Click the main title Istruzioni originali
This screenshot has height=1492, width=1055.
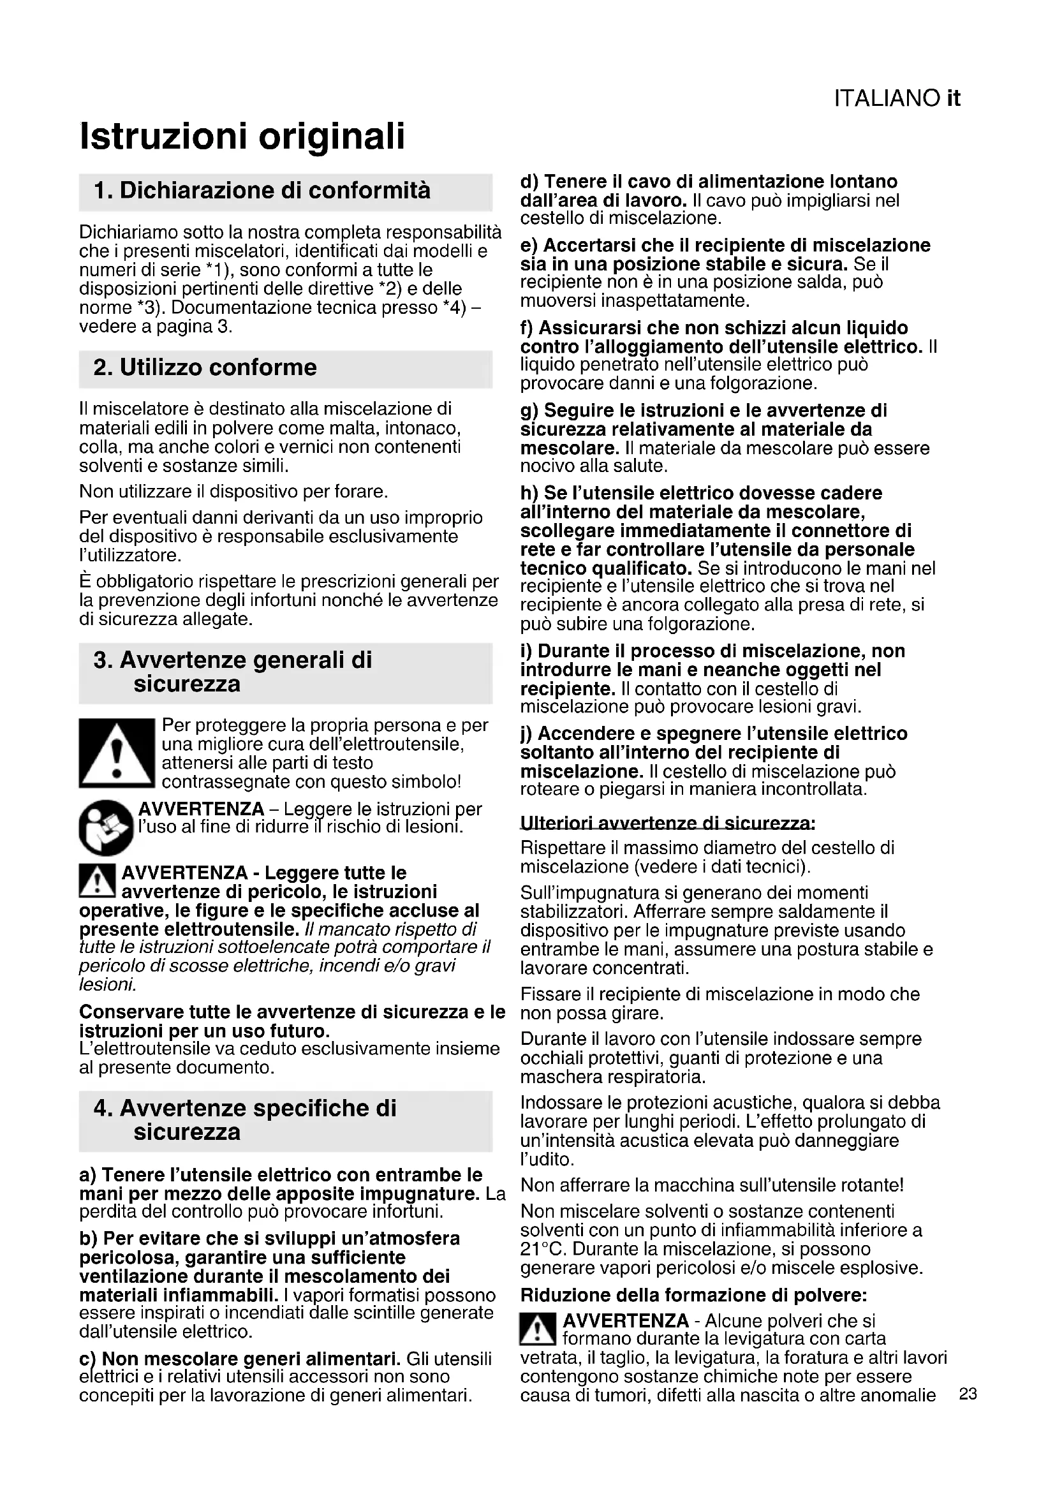point(242,137)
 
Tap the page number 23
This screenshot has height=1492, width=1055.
point(968,1394)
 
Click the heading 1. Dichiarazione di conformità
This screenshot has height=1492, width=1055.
point(262,191)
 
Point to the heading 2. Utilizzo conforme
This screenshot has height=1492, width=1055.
point(205,368)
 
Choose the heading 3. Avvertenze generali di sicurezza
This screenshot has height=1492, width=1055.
point(233,672)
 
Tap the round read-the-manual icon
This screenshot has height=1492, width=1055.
point(106,827)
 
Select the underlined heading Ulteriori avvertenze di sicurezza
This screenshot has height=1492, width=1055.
point(667,824)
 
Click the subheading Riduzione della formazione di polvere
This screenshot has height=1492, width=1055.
point(693,1296)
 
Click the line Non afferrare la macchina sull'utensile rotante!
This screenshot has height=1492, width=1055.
point(712,1185)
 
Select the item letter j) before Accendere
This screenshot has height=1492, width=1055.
point(526,734)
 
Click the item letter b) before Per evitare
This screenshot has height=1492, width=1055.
point(89,1238)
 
